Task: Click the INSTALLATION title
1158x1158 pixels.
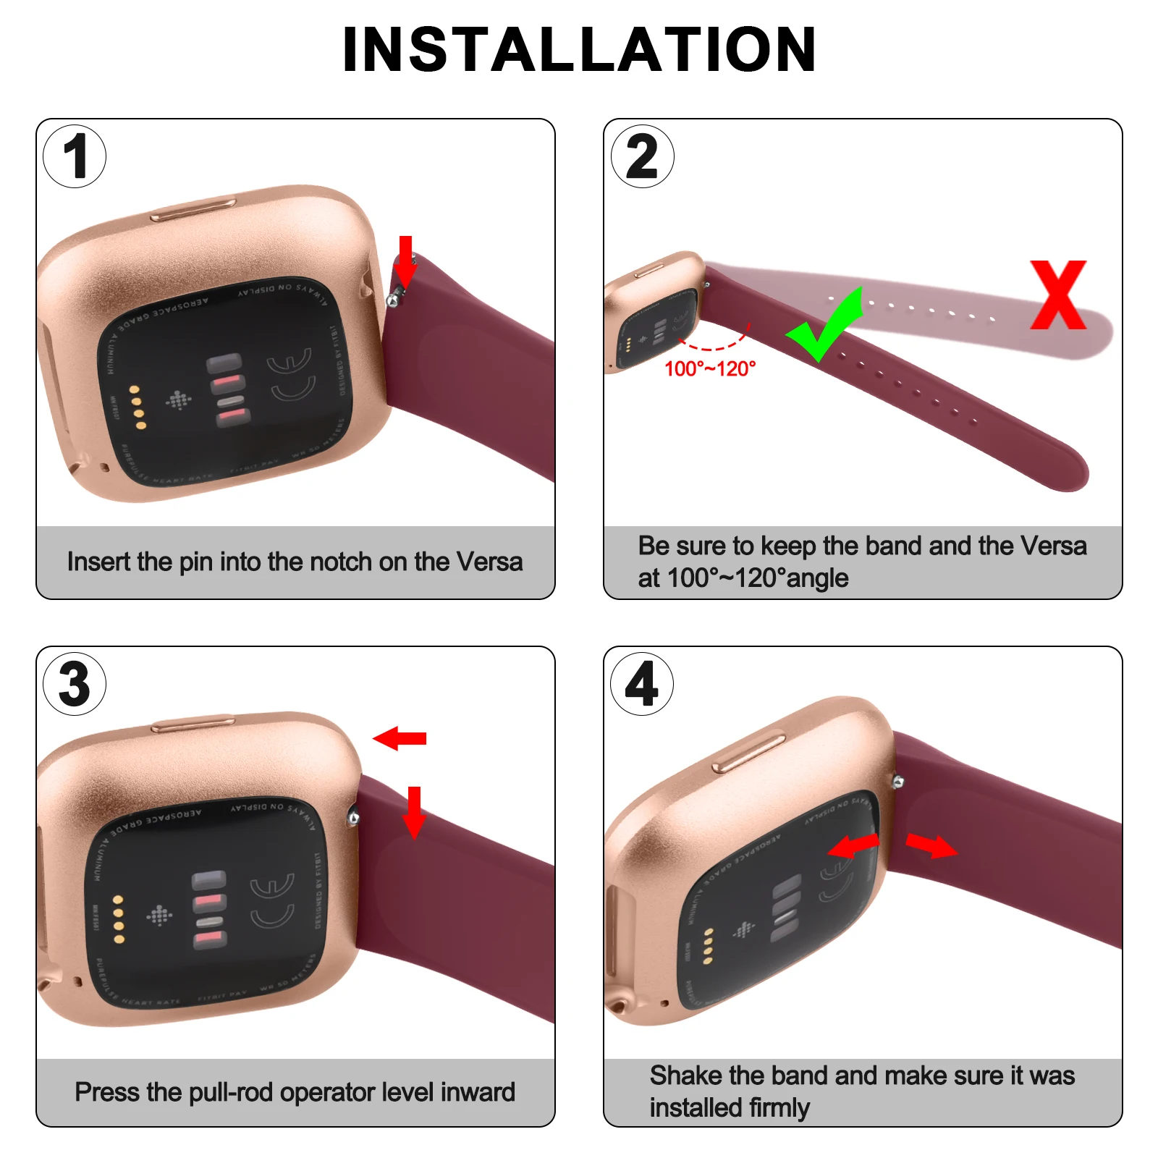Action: [579, 49]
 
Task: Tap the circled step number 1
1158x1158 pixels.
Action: [75, 156]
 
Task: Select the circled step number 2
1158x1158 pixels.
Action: [642, 156]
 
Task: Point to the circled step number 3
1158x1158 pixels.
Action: [75, 684]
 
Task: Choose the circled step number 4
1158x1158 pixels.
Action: [642, 684]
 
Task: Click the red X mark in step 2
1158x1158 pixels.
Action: [1058, 295]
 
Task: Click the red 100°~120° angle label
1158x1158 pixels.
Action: [710, 369]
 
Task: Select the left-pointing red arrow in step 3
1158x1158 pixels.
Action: [400, 738]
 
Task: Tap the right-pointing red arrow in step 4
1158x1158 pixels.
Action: [931, 845]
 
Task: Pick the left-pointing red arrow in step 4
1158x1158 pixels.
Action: [853, 845]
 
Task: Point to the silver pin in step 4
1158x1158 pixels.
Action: [898, 782]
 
